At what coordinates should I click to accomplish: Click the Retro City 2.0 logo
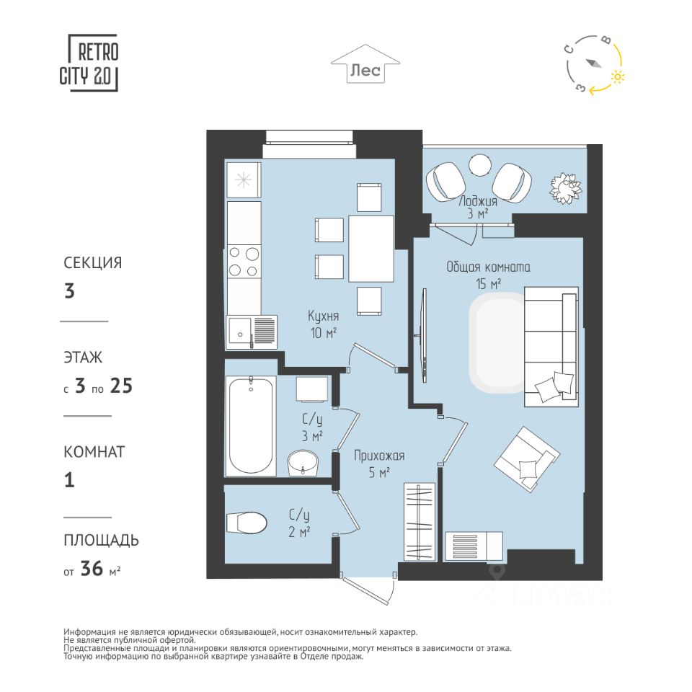pyautogui.click(x=89, y=63)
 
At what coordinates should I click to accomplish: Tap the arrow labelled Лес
pyautogui.click(x=365, y=63)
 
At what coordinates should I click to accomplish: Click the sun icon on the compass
pyautogui.click(x=618, y=77)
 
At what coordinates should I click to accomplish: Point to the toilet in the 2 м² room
pyautogui.click(x=247, y=523)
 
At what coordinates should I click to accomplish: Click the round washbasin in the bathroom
pyautogui.click(x=303, y=463)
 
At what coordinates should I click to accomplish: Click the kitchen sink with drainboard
pyautogui.click(x=252, y=333)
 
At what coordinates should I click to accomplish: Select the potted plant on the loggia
pyautogui.click(x=565, y=187)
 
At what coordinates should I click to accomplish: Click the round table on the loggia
pyautogui.click(x=480, y=166)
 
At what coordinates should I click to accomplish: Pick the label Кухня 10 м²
pyautogui.click(x=324, y=324)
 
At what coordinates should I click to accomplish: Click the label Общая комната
pyautogui.click(x=488, y=267)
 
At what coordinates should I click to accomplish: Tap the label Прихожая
pyautogui.click(x=379, y=456)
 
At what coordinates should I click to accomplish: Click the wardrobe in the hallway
pyautogui.click(x=420, y=522)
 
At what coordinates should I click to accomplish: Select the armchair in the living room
pyautogui.click(x=527, y=460)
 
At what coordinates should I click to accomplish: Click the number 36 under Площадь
pyautogui.click(x=92, y=569)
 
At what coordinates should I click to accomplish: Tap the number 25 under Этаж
pyautogui.click(x=121, y=386)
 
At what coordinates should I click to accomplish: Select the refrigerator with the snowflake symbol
pyautogui.click(x=244, y=180)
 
